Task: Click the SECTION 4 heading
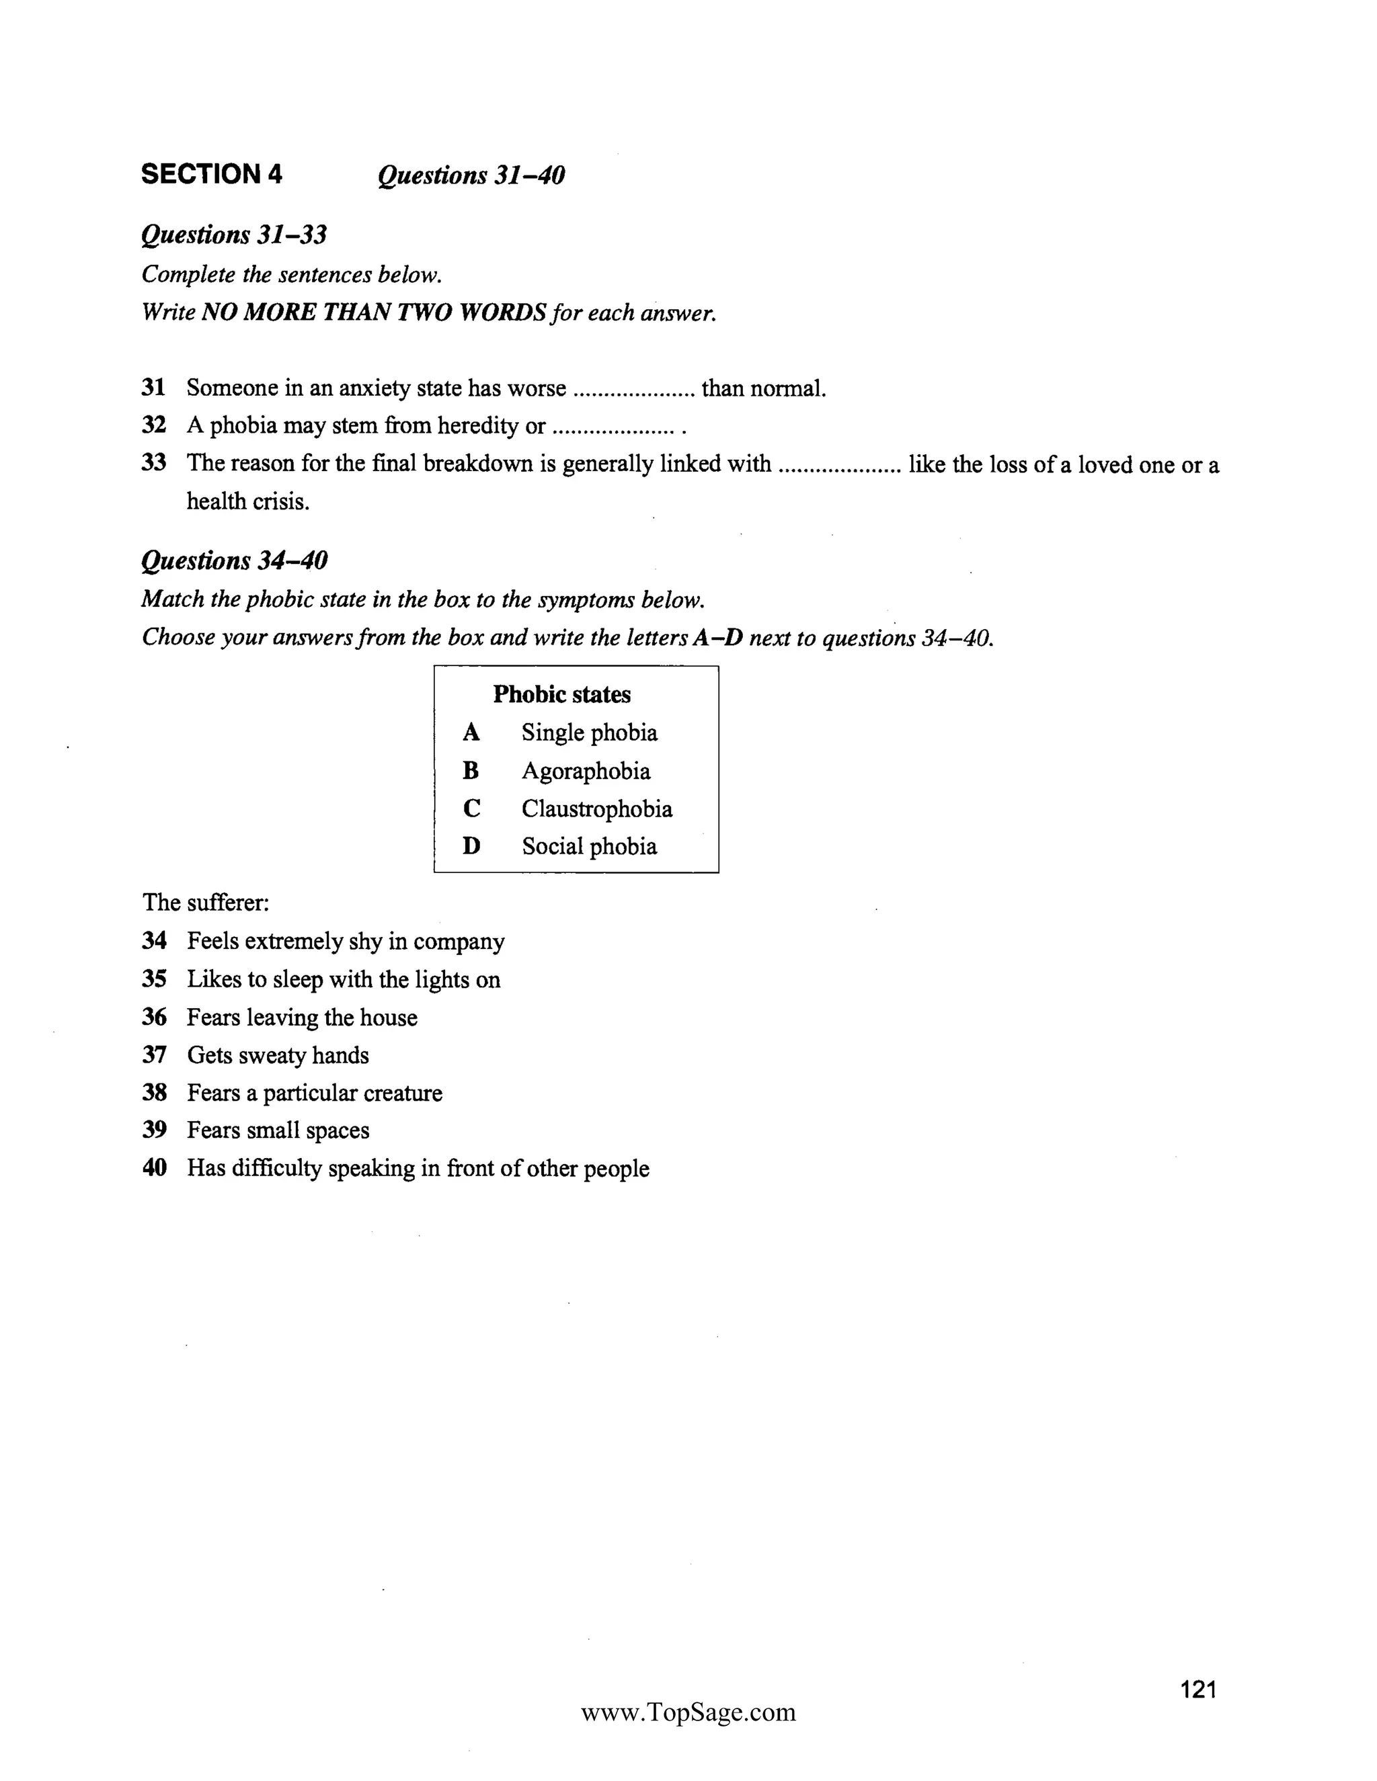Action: [211, 175]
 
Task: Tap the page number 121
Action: [1198, 1689]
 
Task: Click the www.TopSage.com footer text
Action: [688, 1712]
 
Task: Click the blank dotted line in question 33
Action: [839, 466]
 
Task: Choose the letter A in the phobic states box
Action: [471, 733]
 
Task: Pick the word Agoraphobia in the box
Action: [586, 771]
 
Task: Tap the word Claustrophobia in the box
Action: [597, 809]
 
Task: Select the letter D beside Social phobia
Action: [471, 846]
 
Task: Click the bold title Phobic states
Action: [561, 694]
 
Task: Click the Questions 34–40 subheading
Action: [234, 561]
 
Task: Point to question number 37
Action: [154, 1055]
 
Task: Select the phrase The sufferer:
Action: [206, 903]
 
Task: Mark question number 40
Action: [154, 1168]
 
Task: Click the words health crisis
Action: [248, 501]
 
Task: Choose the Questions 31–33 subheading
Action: [233, 235]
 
